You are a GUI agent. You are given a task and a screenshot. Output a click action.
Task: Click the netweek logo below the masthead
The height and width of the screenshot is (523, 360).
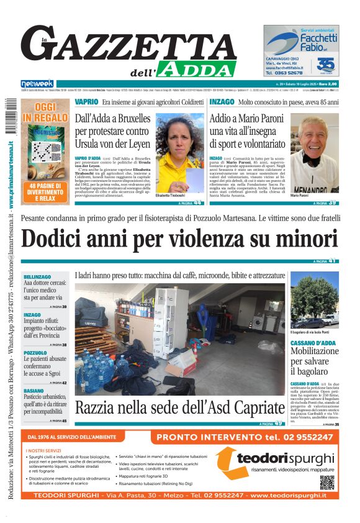point(38,84)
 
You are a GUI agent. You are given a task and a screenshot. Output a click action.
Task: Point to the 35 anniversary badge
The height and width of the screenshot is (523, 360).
point(326,65)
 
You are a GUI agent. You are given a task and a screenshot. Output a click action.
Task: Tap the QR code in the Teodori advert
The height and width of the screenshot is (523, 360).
point(327,482)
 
